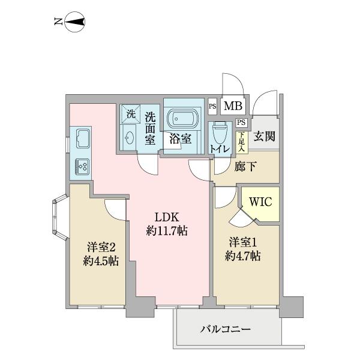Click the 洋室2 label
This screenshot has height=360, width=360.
[x=101, y=247]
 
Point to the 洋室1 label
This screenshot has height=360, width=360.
[x=243, y=243]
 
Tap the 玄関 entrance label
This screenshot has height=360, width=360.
[x=264, y=136]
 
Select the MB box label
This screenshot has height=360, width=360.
[x=231, y=107]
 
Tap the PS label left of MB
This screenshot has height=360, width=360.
[x=212, y=107]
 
